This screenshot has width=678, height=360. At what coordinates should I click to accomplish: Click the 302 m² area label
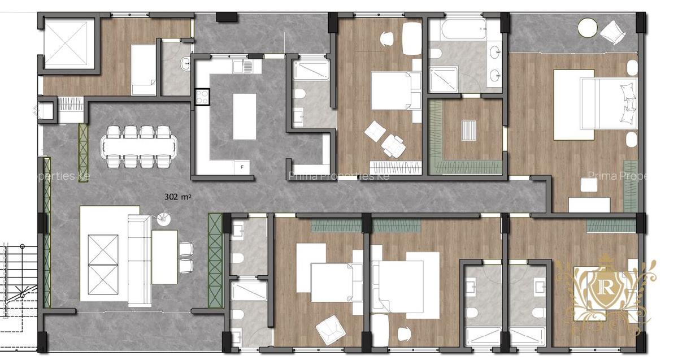pyautogui.click(x=179, y=197)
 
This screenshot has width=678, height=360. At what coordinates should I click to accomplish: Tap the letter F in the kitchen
pyautogui.click(x=242, y=167)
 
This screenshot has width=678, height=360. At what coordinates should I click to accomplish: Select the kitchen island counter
pyautogui.click(x=244, y=116)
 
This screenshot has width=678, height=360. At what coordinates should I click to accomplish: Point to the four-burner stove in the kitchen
pyautogui.click(x=202, y=98)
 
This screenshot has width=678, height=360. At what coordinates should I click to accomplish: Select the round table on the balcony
pyautogui.click(x=588, y=28)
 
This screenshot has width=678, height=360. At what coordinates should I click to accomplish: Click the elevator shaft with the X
pyautogui.click(x=69, y=44)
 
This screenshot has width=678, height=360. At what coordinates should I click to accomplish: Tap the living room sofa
pyautogui.click(x=139, y=260)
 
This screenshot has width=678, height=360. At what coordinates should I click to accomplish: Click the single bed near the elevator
pyautogui.click(x=144, y=70)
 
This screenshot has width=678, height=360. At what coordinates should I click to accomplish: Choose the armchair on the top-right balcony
pyautogui.click(x=613, y=32)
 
